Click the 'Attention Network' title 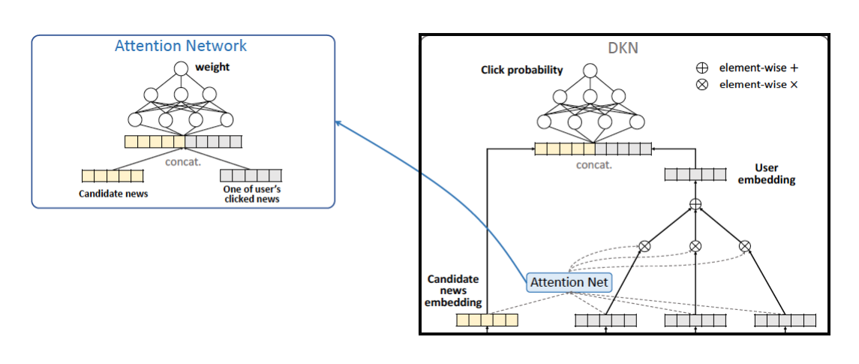181,46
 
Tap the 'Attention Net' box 569,282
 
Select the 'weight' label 212,68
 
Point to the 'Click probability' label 521,71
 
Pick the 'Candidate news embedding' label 453,290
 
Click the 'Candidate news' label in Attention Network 113,194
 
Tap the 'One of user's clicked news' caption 251,194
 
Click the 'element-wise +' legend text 757,68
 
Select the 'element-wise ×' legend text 757,85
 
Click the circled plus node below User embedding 695,204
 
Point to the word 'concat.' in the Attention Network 184,159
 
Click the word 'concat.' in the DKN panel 593,164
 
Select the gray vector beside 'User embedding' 695,174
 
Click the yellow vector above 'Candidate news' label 112,176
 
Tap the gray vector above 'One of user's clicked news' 251,176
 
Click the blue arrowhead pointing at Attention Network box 338,123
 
